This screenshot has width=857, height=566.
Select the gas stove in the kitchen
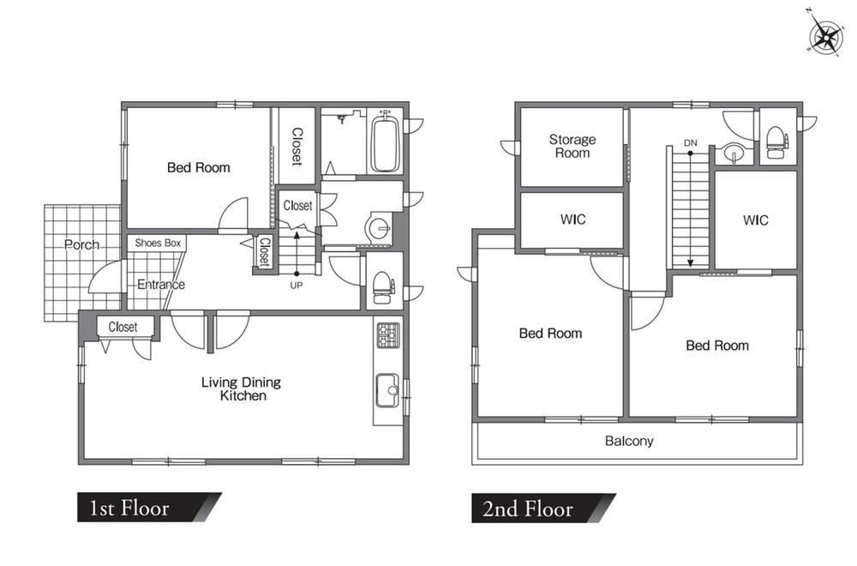tap(387, 335)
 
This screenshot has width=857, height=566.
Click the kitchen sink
tap(387, 390)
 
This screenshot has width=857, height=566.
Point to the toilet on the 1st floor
tap(382, 287)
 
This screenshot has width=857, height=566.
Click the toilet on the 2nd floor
tap(776, 142)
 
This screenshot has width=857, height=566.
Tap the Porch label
tap(82, 244)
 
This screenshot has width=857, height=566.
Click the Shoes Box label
tap(158, 243)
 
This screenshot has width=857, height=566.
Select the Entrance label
tap(161, 285)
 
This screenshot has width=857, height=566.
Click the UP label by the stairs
tap(297, 285)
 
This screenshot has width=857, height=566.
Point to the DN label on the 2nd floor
tap(690, 142)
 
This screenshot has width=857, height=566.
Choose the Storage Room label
tap(572, 146)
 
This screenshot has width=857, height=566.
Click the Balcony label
tap(629, 441)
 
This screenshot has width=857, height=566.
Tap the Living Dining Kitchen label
tap(241, 388)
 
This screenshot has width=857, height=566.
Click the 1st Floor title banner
tap(149, 508)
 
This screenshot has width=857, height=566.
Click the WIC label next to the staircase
tap(755, 220)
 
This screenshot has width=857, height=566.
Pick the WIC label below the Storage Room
tap(572, 220)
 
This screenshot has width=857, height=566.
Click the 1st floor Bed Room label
tap(199, 167)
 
